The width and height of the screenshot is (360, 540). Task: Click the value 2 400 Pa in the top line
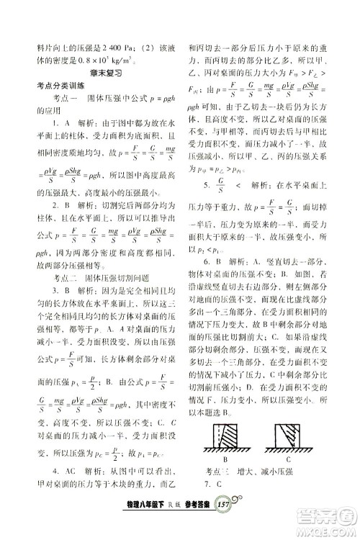tap(105, 48)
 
